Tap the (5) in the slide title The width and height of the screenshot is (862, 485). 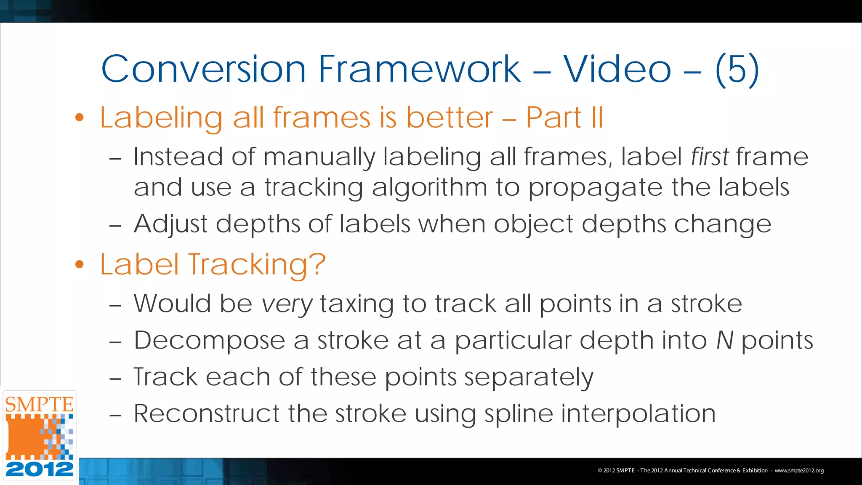[x=737, y=69]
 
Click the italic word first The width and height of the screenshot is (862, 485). [x=709, y=157]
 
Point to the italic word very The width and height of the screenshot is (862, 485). [x=287, y=304]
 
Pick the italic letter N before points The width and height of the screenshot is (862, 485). [x=725, y=340]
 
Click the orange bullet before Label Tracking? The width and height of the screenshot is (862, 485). [x=80, y=264]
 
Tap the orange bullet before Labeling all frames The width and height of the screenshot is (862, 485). [x=80, y=117]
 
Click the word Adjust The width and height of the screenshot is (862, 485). [x=170, y=224]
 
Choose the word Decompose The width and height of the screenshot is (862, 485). [x=209, y=341]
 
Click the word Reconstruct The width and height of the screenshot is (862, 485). [x=206, y=413]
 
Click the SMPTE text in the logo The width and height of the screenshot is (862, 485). [x=39, y=405]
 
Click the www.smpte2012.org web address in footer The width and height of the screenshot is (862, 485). [x=799, y=471]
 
